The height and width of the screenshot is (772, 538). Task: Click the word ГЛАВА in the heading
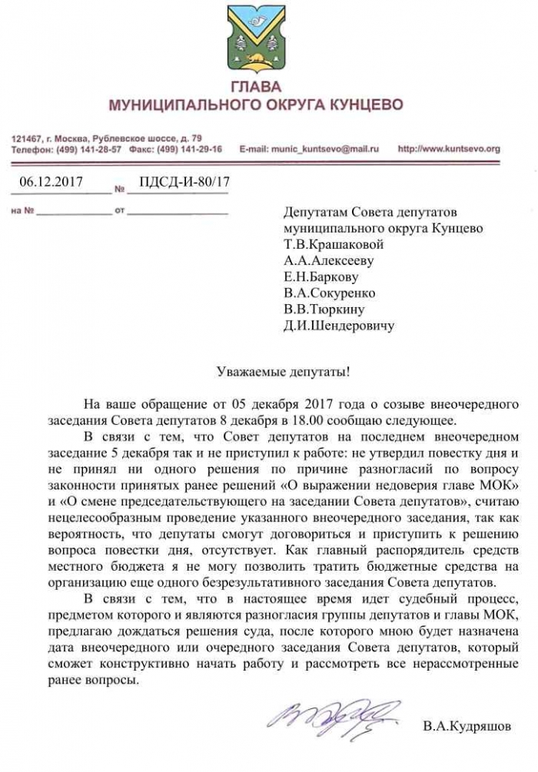[255, 86]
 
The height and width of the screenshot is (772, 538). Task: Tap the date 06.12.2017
[51, 182]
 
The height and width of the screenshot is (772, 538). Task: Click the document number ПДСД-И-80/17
[185, 182]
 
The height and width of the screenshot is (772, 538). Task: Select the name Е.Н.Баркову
[320, 277]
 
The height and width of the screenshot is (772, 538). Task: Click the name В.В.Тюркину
[324, 309]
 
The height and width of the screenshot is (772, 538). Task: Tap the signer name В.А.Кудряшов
[466, 726]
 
